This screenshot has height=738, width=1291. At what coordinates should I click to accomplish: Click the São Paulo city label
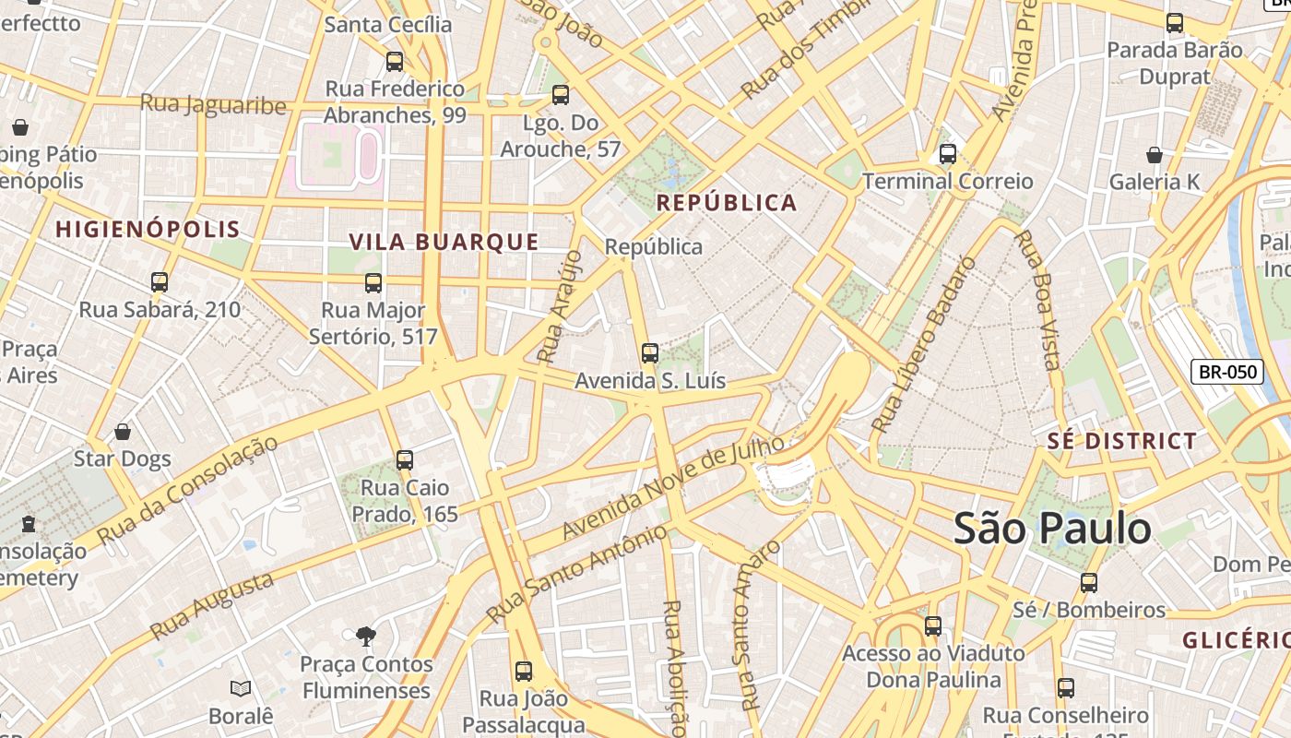point(1052,530)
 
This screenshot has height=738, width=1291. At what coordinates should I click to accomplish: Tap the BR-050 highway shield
point(1227,372)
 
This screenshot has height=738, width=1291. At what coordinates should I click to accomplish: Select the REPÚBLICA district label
point(726,203)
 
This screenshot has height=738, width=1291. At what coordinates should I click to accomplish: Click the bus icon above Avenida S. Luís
point(650,353)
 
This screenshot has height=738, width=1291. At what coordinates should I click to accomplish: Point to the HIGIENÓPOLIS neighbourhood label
point(148,230)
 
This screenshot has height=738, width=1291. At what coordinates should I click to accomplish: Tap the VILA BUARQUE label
point(444,242)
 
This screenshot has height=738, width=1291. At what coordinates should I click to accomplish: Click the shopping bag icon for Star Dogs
point(123,432)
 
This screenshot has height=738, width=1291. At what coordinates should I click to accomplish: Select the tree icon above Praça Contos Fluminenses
point(366,636)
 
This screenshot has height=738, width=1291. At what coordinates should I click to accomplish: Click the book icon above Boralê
point(241,688)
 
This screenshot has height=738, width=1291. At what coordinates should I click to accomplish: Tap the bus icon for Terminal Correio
point(947,154)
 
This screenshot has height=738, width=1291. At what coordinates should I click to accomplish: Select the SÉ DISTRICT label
point(1121,441)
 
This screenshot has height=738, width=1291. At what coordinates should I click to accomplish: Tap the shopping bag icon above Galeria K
point(1154,155)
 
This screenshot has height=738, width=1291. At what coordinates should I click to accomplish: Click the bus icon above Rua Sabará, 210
point(160,282)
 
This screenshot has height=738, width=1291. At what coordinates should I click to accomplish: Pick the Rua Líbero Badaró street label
point(923,345)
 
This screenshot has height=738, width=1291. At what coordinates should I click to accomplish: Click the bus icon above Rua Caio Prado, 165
point(404,460)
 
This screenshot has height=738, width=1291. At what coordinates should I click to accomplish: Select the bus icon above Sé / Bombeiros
point(1089,583)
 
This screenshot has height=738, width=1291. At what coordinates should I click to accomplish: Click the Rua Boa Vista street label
point(1038,299)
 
